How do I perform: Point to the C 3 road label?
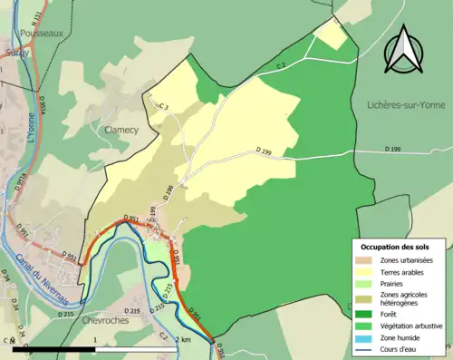(163, 108)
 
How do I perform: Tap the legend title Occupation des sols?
(396, 247)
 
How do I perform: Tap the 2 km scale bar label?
(184, 339)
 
